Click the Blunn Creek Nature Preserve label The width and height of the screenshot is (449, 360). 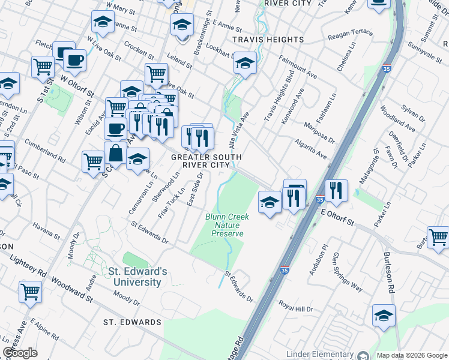tap(224, 225)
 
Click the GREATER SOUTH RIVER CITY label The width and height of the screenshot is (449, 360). tap(206, 161)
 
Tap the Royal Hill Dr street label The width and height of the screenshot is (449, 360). tap(296, 306)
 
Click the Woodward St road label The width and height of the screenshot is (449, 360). tap(71, 289)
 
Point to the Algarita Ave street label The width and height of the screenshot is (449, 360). tap(310, 150)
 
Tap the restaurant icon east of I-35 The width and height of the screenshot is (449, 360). tap(336, 191)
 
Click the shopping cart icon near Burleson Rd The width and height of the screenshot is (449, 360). tap(438, 237)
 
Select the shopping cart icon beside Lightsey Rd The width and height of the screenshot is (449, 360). tap(30, 292)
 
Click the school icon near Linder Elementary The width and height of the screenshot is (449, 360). tap(384, 315)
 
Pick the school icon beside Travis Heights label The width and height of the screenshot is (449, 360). tap(244, 62)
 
